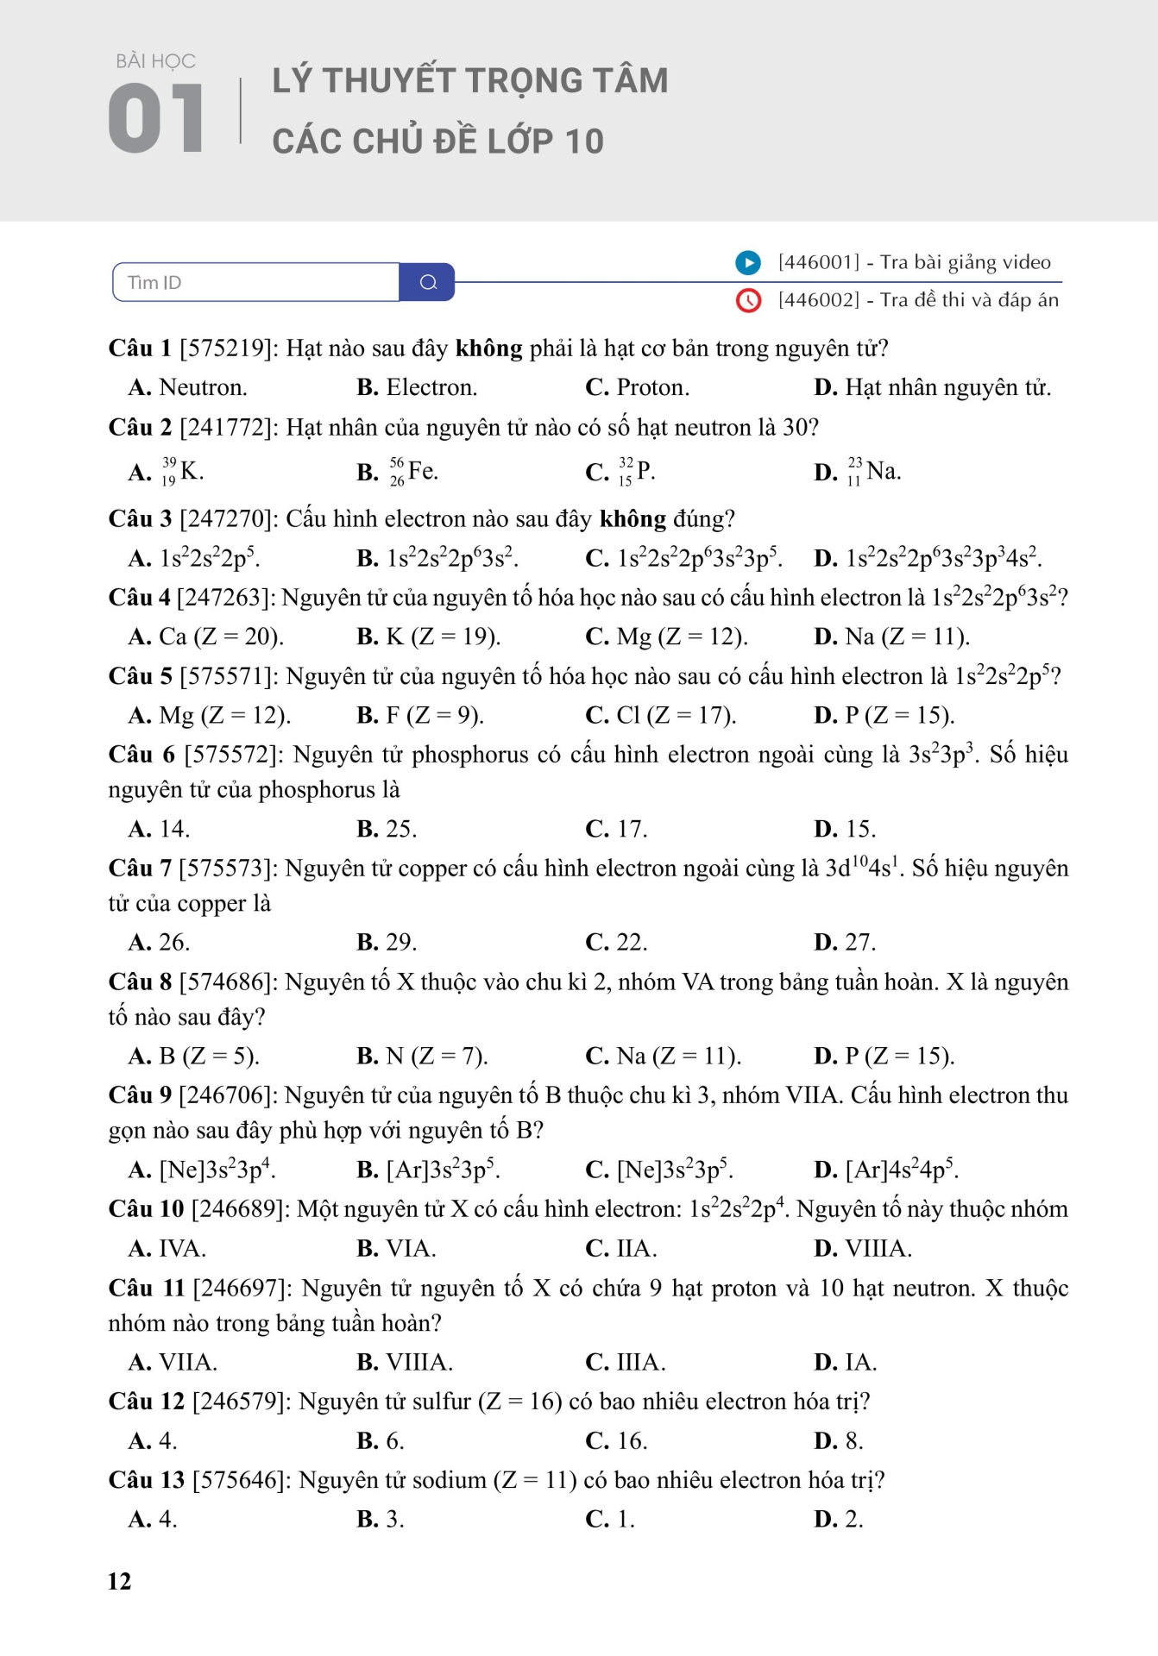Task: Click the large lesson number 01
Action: (156, 118)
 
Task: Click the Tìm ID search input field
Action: (256, 282)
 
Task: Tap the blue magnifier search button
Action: (428, 282)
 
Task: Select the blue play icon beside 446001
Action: (747, 262)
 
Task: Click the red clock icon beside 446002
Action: (747, 300)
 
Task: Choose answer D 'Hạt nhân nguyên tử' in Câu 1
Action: (933, 388)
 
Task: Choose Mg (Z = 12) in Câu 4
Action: (667, 637)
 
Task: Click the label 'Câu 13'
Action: (146, 1480)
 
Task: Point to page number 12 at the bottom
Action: (119, 1581)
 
